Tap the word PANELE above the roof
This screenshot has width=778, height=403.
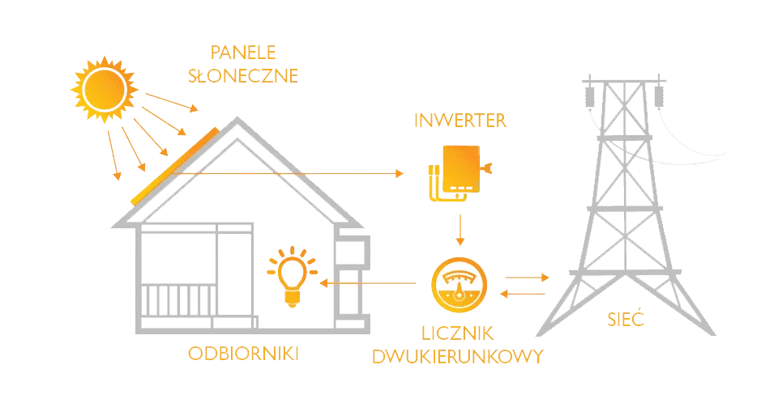coord(243,53)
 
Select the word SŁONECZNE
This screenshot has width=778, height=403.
coord(243,76)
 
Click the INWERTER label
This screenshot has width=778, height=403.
coord(460,121)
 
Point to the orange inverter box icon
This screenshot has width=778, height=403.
coord(458,172)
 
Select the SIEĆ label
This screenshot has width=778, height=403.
coord(626,320)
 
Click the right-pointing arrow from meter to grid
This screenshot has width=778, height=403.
coord(524,277)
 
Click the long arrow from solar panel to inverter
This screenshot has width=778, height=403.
coord(292,172)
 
